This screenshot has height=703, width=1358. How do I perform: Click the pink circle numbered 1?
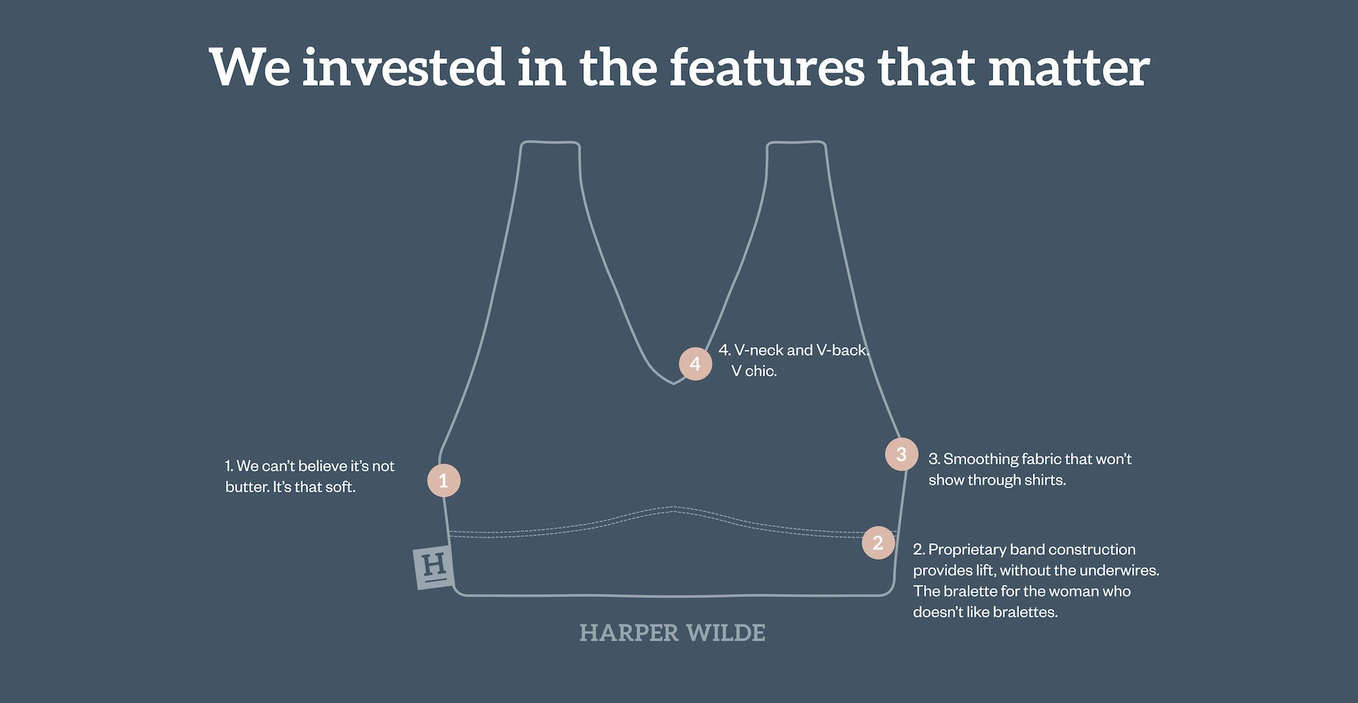tap(443, 480)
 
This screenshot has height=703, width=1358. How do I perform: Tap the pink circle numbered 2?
tap(878, 543)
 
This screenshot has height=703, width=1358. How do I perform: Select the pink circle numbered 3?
tap(902, 454)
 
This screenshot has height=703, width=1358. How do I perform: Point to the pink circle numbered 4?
tap(695, 364)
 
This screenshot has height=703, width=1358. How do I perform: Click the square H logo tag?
tap(434, 566)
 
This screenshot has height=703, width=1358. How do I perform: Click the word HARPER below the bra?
tap(629, 633)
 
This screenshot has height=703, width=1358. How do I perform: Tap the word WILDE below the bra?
tap(726, 633)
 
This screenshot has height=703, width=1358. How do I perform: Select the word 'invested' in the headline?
tap(403, 68)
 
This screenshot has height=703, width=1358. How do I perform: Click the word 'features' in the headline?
tap(767, 68)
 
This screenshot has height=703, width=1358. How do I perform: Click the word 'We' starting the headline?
tap(250, 68)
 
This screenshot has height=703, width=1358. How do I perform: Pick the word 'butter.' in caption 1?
tap(247, 487)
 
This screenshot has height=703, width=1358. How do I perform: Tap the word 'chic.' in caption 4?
tap(761, 371)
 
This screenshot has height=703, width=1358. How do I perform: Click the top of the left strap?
tap(550, 142)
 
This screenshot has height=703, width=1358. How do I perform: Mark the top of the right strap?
tap(796, 142)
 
